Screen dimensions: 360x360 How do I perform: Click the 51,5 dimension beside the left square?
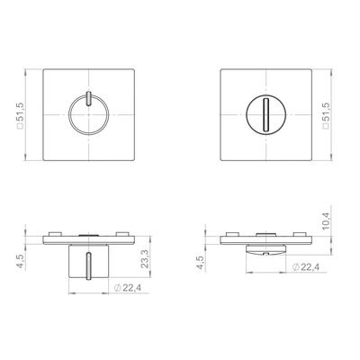pyautogui.click(x=21, y=115)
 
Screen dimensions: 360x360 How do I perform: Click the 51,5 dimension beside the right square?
pyautogui.click(x=326, y=115)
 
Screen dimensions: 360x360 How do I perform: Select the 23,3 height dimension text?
pyautogui.click(x=145, y=259)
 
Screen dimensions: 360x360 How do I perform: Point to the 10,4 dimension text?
pyautogui.click(x=326, y=221)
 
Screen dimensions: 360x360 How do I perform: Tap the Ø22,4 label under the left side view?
pyautogui.click(x=128, y=288)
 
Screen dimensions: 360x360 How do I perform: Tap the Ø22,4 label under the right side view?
pyautogui.click(x=306, y=267)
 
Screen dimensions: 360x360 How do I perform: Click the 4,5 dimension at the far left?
pyautogui.click(x=22, y=262)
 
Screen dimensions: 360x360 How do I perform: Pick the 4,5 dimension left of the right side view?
pyautogui.click(x=201, y=263)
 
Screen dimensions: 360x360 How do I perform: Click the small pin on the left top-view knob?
pyautogui.click(x=88, y=99)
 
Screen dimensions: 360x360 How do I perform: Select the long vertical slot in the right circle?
pyautogui.click(x=265, y=114)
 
